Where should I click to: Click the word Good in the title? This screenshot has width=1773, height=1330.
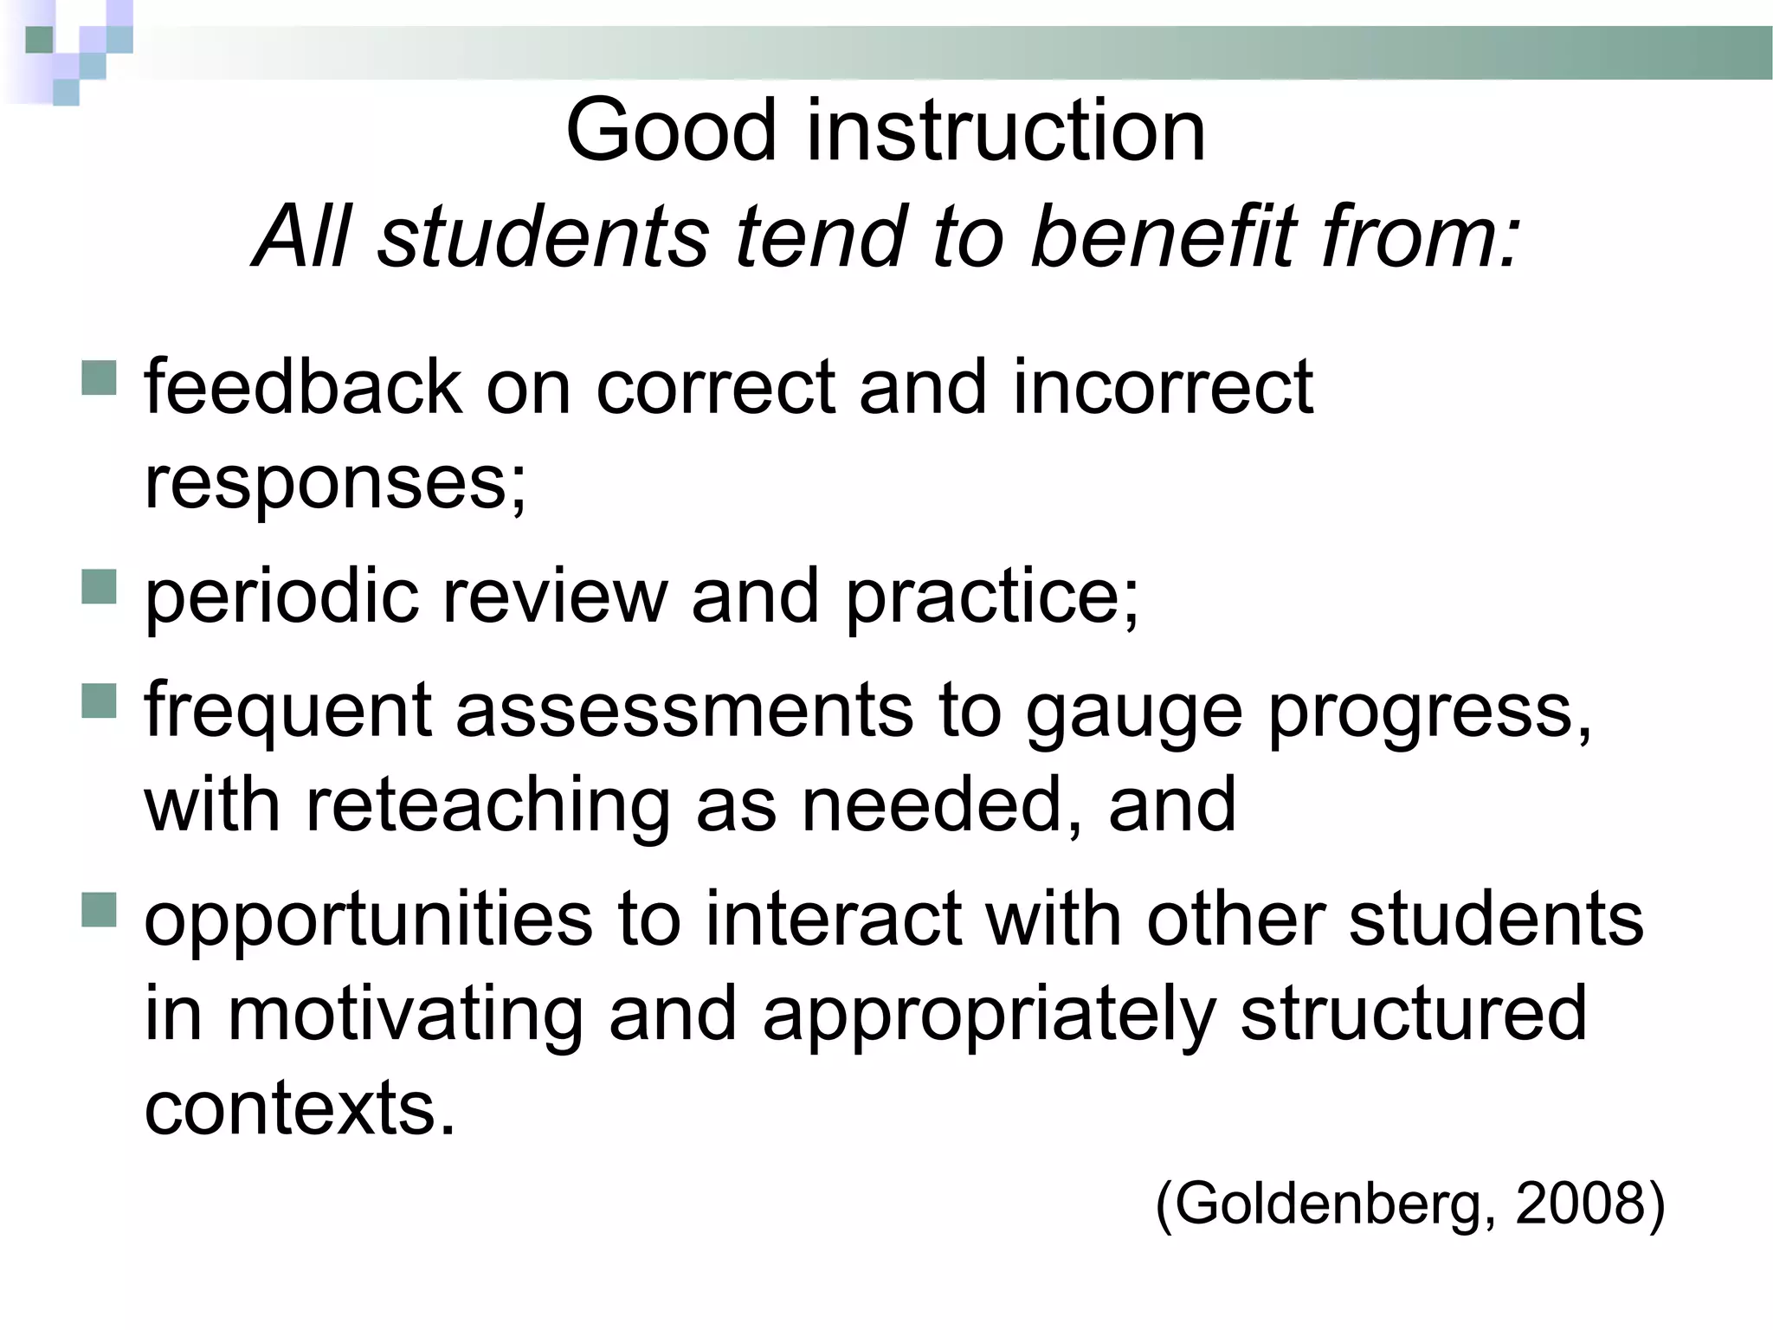(671, 132)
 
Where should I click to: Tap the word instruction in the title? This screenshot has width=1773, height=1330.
(1006, 132)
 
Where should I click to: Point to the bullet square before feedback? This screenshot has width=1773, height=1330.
(99, 378)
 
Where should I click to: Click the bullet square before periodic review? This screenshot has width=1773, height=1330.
(99, 586)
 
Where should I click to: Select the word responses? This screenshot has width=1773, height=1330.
(333, 481)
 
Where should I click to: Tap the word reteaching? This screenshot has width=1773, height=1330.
(487, 805)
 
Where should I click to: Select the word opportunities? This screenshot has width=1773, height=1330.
(369, 920)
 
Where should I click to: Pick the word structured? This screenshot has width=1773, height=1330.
(1413, 1013)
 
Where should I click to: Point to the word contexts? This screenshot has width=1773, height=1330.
(298, 1108)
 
